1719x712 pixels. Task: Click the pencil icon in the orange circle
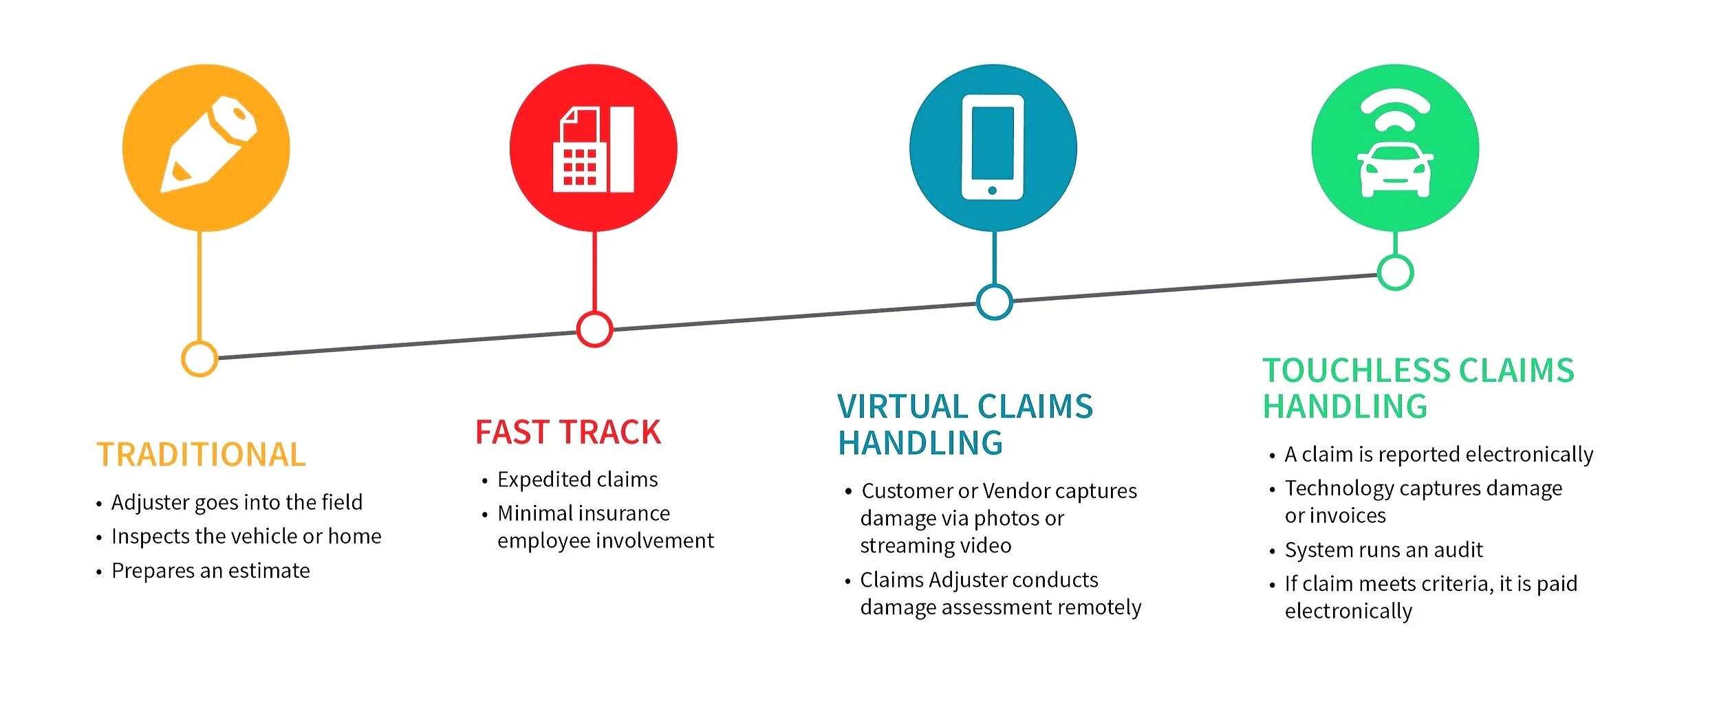coord(208,146)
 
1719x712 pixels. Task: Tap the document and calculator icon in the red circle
coord(593,149)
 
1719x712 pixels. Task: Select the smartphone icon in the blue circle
coord(992,147)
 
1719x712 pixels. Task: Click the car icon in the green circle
coord(1394,170)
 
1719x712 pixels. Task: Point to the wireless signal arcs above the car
coord(1395,114)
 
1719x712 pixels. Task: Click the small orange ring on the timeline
coord(199,358)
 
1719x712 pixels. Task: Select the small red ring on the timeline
coord(594,330)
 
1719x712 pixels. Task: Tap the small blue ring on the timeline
coord(994,301)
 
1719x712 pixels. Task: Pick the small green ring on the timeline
coord(1395,272)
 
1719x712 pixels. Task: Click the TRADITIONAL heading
coord(201,455)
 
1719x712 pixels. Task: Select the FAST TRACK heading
coord(568,432)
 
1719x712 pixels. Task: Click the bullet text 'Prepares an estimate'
coord(210,571)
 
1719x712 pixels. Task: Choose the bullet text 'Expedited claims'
coord(577,479)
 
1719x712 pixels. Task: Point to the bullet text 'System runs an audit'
coord(1383,550)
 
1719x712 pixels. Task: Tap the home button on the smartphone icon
coord(992,191)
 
